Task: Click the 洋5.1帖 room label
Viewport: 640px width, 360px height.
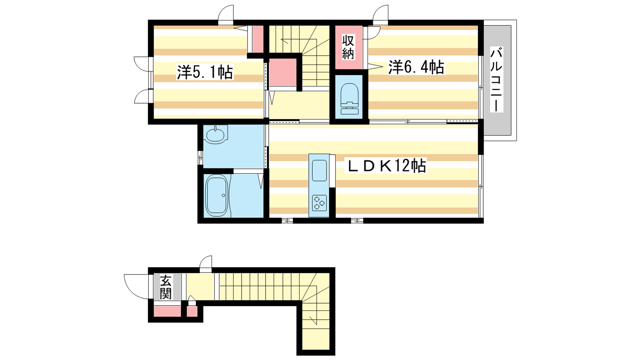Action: pyautogui.click(x=205, y=72)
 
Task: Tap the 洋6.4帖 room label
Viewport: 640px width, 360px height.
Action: pyautogui.click(x=416, y=68)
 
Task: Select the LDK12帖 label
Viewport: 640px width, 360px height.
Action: pyautogui.click(x=386, y=166)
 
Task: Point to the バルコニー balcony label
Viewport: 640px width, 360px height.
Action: pyautogui.click(x=497, y=80)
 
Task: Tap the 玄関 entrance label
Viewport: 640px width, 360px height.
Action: pyautogui.click(x=166, y=286)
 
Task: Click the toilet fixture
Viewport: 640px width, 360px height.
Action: pyautogui.click(x=349, y=99)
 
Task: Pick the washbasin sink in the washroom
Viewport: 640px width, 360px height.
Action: pyautogui.click(x=216, y=134)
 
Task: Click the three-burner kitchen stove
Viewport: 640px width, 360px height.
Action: pyautogui.click(x=320, y=203)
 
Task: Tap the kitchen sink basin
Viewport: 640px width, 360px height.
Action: pyautogui.click(x=320, y=170)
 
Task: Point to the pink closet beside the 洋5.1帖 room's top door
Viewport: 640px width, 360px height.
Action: pyautogui.click(x=258, y=39)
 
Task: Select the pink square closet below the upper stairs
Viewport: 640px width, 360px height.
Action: pyautogui.click(x=283, y=72)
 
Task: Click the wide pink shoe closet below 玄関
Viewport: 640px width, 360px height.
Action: pyautogui.click(x=168, y=311)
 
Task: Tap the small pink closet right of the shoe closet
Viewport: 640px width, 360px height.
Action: pyautogui.click(x=192, y=311)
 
